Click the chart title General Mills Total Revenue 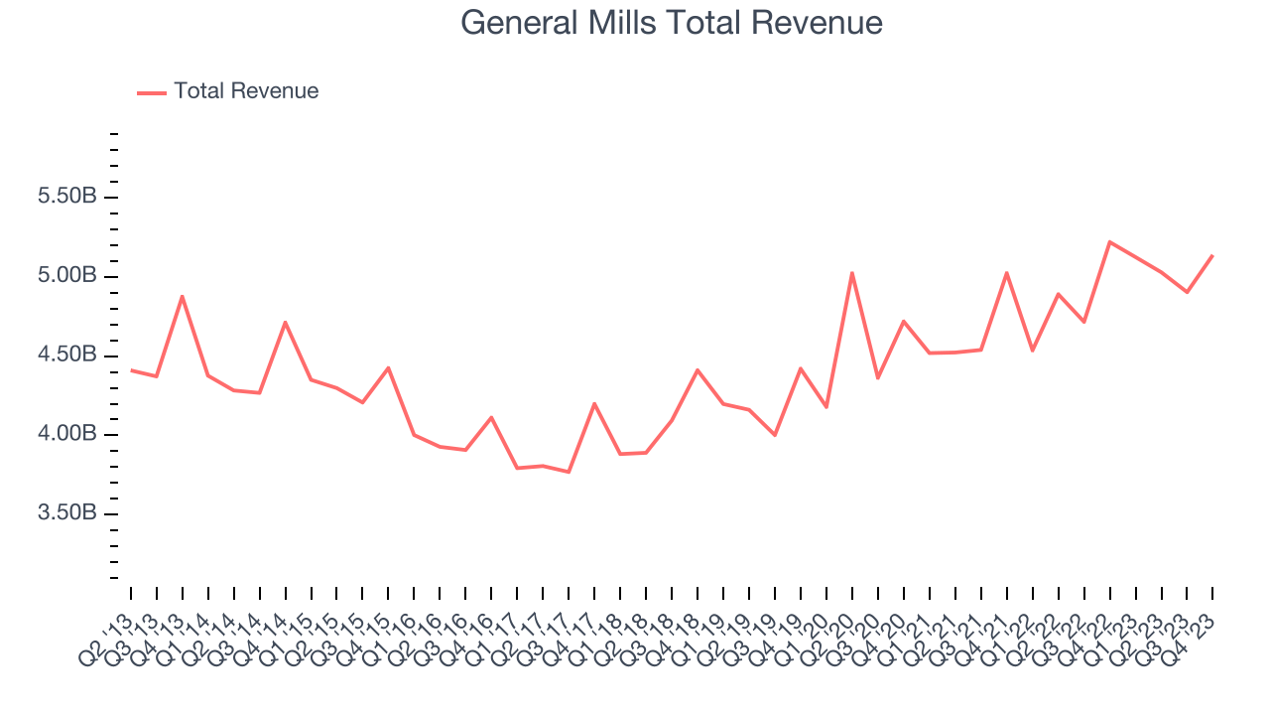pyautogui.click(x=672, y=23)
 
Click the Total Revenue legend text pyautogui.click(x=246, y=91)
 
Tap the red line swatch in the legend pyautogui.click(x=152, y=92)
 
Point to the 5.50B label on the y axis pyautogui.click(x=67, y=197)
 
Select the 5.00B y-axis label pyautogui.click(x=67, y=276)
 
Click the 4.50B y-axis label pyautogui.click(x=67, y=356)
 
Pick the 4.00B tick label pyautogui.click(x=67, y=435)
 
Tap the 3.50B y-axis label pyautogui.click(x=67, y=514)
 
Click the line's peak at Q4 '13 pyautogui.click(x=182, y=296)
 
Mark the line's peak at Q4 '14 pyautogui.click(x=286, y=322)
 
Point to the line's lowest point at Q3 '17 pyautogui.click(x=569, y=472)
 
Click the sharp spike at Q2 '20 pyautogui.click(x=852, y=272)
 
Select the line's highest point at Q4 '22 pyautogui.click(x=1109, y=241)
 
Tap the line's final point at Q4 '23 pyautogui.click(x=1212, y=255)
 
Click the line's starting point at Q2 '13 pyautogui.click(x=131, y=369)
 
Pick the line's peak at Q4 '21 pyautogui.click(x=1006, y=272)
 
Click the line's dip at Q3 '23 pyautogui.click(x=1187, y=292)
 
